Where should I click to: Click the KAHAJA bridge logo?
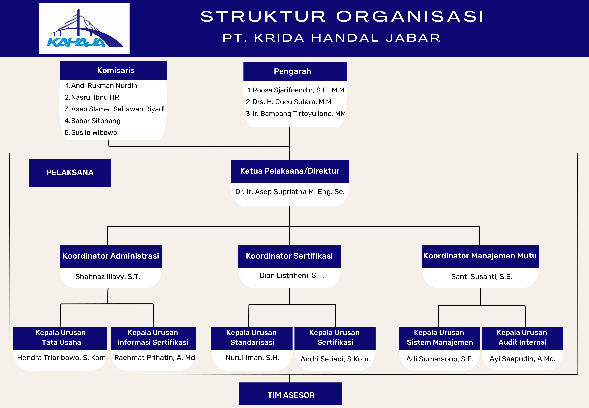click(x=84, y=29)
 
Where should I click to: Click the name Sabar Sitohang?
click(x=96, y=121)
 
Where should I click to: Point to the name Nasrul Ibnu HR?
click(x=95, y=97)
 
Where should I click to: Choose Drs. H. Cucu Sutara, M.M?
click(x=292, y=102)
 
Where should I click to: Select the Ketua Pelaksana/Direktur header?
click(x=290, y=171)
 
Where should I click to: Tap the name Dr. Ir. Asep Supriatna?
click(x=290, y=192)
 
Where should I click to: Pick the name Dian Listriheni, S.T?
click(x=292, y=276)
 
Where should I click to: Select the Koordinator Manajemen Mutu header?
click(x=480, y=256)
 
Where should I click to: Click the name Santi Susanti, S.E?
click(x=481, y=277)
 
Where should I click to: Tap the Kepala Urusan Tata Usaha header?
click(x=61, y=337)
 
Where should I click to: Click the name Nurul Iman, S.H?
click(x=252, y=358)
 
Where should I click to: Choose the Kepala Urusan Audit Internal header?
click(x=522, y=337)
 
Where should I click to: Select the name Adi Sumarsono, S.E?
click(x=440, y=359)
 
